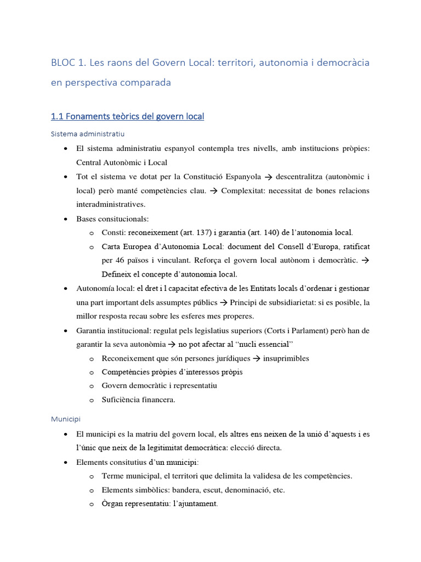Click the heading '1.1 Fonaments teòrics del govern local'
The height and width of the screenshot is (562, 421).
tap(127, 116)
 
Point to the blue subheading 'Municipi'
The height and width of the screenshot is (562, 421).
tap(66, 419)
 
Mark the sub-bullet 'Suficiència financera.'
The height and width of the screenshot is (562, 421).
tap(138, 400)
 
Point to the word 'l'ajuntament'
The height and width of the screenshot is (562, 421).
tap(195, 504)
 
